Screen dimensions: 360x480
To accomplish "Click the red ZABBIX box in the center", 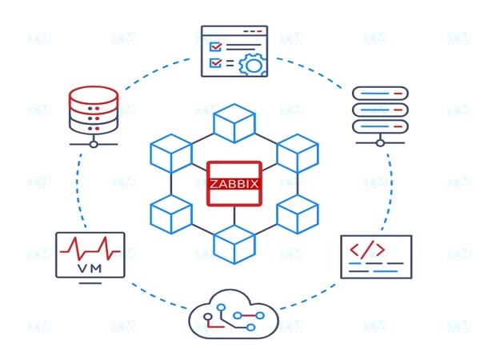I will coord(235,183).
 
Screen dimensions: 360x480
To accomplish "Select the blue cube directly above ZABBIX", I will coord(234,123).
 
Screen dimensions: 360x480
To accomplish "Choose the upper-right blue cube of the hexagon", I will coord(298,153).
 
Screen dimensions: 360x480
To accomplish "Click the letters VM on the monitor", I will coord(90,268).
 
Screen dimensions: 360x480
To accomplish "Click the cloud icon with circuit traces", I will coord(234,318).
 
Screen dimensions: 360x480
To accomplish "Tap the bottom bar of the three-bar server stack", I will coord(380,125).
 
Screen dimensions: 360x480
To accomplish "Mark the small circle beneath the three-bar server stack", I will coord(380,144).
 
